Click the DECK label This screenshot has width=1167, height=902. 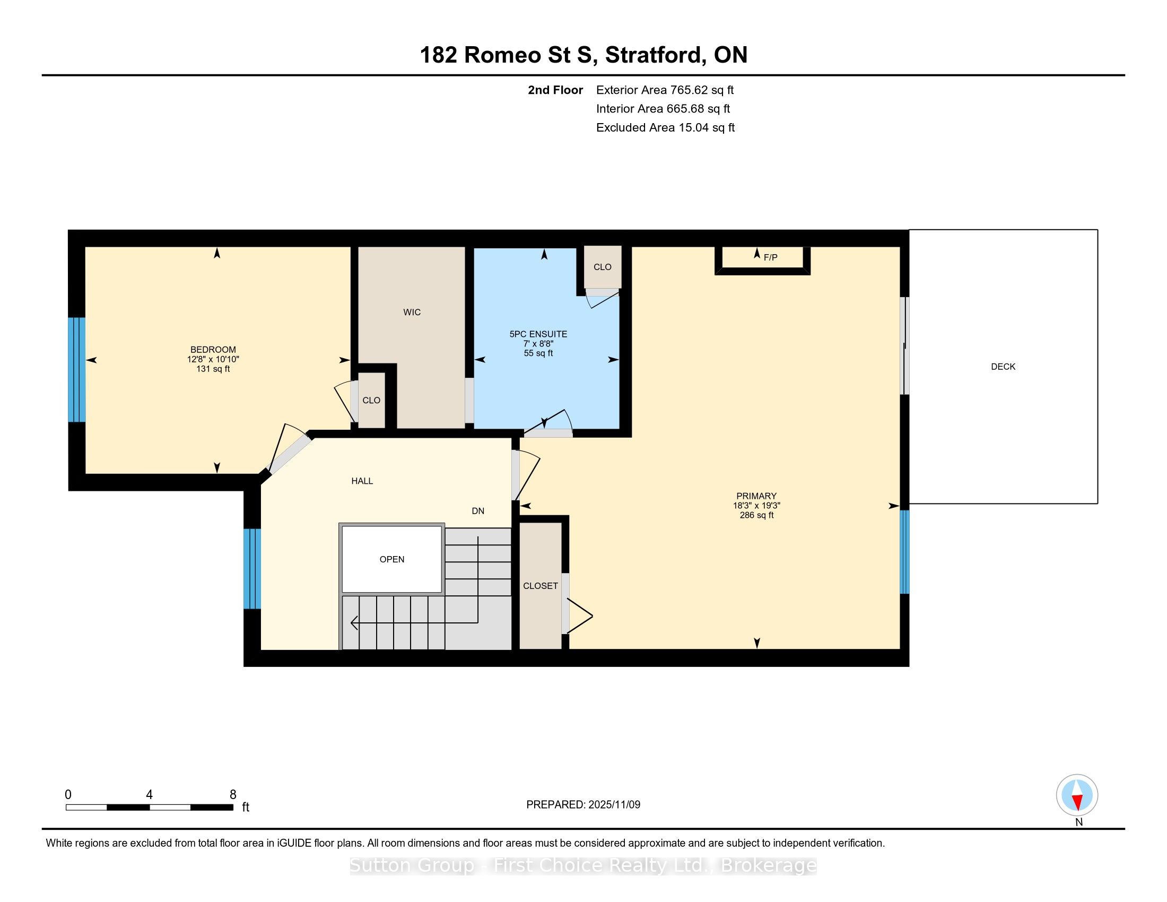click(x=1003, y=367)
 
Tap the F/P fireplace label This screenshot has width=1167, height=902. click(x=771, y=257)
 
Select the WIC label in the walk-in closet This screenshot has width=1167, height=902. click(x=412, y=312)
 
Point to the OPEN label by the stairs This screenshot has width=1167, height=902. click(x=391, y=559)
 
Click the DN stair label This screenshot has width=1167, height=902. click(x=478, y=511)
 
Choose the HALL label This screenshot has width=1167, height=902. click(x=362, y=481)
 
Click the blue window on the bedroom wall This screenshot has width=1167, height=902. click(x=77, y=370)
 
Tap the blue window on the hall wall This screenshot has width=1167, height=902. click(x=252, y=569)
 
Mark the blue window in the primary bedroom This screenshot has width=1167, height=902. click(x=904, y=552)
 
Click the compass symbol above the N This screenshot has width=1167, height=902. click(x=1077, y=795)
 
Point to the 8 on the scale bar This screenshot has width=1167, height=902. click(x=233, y=795)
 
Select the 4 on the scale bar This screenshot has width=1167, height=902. click(x=149, y=795)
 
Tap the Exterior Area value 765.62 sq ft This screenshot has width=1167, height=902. click(x=702, y=90)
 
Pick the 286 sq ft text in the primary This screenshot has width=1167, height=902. click(x=756, y=515)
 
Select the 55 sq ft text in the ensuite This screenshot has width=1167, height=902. click(x=538, y=353)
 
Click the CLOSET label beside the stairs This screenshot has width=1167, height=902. click(x=540, y=586)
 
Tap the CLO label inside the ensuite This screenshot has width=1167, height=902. click(x=602, y=267)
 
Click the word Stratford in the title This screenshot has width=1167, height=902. click(x=654, y=55)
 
